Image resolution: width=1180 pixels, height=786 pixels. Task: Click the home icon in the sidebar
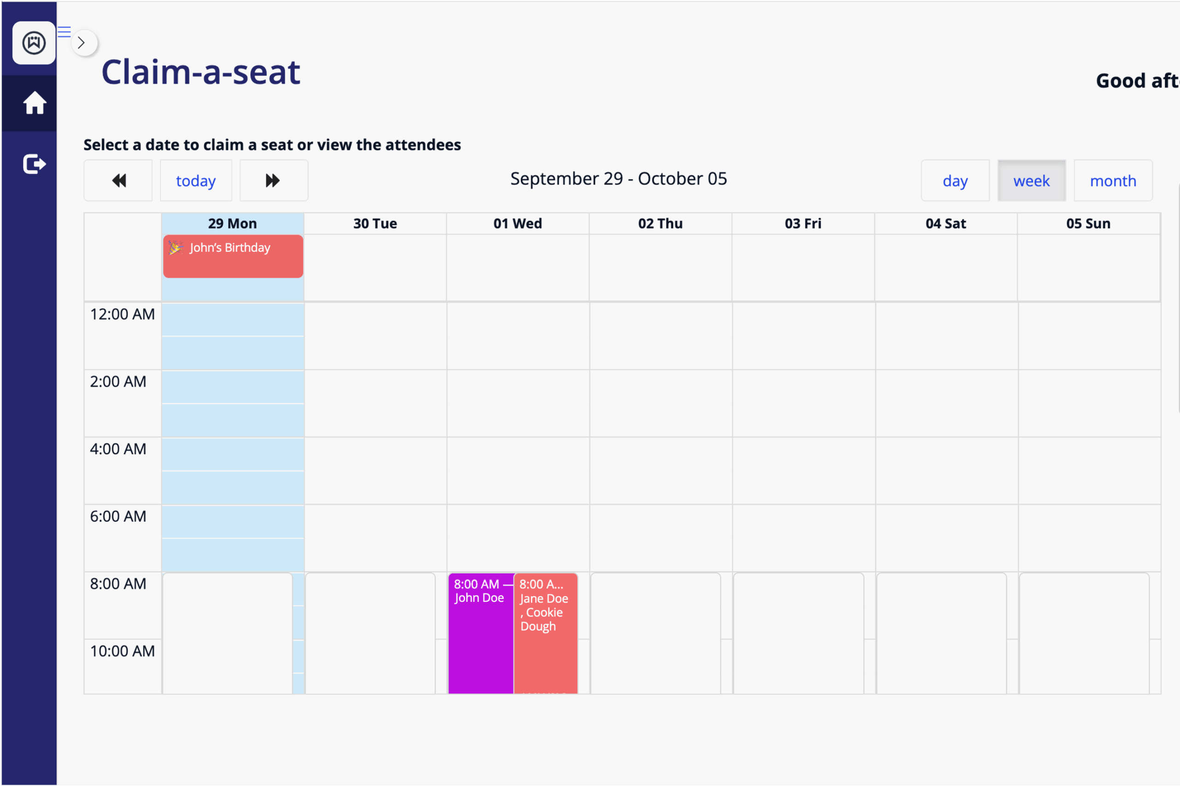pyautogui.click(x=34, y=103)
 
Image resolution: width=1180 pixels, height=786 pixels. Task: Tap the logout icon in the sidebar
pyautogui.click(x=34, y=164)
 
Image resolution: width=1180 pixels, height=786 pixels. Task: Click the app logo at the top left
pyautogui.click(x=34, y=42)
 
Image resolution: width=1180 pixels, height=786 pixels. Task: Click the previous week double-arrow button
pyautogui.click(x=118, y=180)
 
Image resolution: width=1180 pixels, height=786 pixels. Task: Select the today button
pyautogui.click(x=196, y=180)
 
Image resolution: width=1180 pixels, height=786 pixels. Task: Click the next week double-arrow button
pyautogui.click(x=273, y=180)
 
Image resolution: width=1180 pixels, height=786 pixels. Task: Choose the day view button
pyautogui.click(x=955, y=180)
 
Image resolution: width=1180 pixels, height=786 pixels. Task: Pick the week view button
pyautogui.click(x=1031, y=180)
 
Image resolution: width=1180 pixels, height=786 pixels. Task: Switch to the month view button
pyautogui.click(x=1113, y=180)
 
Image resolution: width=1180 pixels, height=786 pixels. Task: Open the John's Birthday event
pyautogui.click(x=233, y=256)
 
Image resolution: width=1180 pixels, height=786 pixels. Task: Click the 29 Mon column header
pyautogui.click(x=232, y=224)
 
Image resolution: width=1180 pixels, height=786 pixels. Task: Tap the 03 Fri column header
pyautogui.click(x=803, y=224)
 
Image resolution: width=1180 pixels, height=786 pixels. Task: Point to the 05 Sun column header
pyautogui.click(x=1088, y=224)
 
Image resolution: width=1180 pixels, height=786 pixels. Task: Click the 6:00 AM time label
pyautogui.click(x=118, y=516)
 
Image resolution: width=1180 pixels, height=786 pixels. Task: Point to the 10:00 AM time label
pyautogui.click(x=122, y=651)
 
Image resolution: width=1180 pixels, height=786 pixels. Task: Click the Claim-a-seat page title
pyautogui.click(x=201, y=71)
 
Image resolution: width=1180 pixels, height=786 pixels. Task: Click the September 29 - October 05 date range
pyautogui.click(x=619, y=179)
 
